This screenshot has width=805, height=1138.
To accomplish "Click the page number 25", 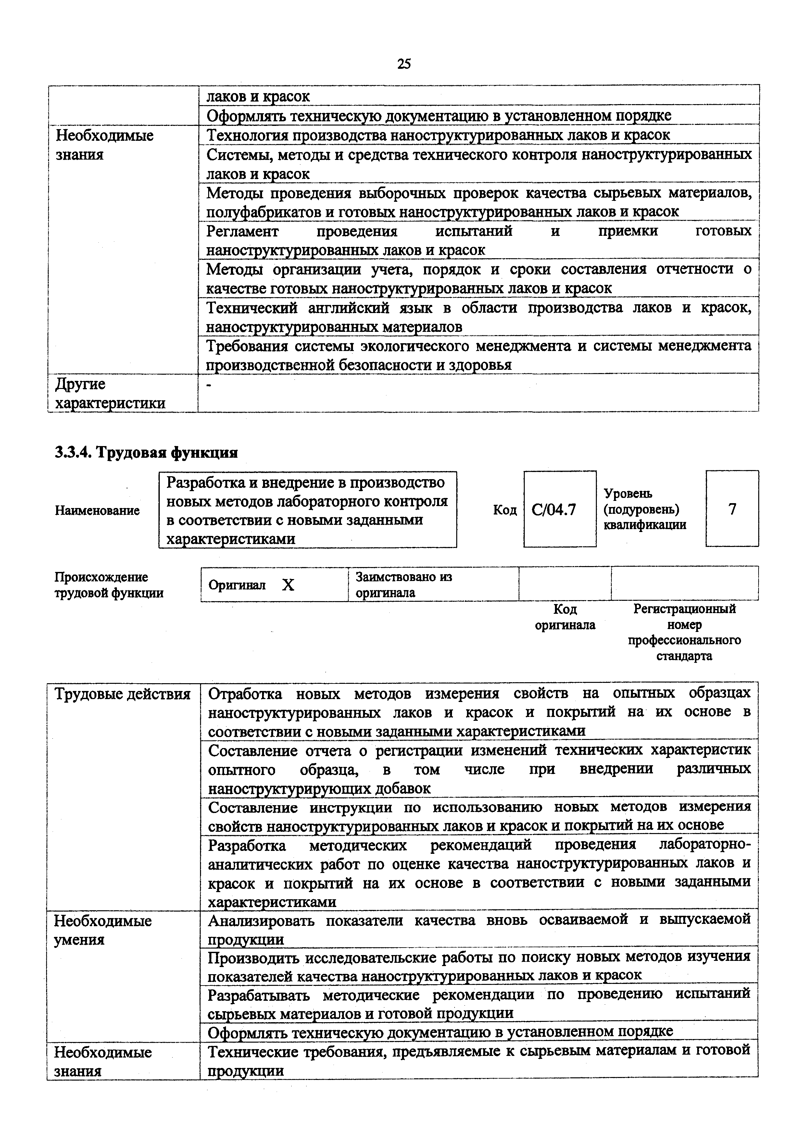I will click(x=404, y=64).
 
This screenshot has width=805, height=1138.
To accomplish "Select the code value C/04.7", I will click(x=554, y=510).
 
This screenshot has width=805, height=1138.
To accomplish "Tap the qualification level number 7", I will click(x=732, y=509).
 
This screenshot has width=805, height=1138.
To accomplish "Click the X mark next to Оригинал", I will click(x=288, y=585).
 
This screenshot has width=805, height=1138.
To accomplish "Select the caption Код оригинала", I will click(x=565, y=617).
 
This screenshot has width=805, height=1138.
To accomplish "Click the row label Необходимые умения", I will click(x=103, y=930).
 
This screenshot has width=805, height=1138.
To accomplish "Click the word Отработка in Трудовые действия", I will click(x=245, y=693).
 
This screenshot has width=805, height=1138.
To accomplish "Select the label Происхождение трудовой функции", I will click(x=109, y=585).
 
